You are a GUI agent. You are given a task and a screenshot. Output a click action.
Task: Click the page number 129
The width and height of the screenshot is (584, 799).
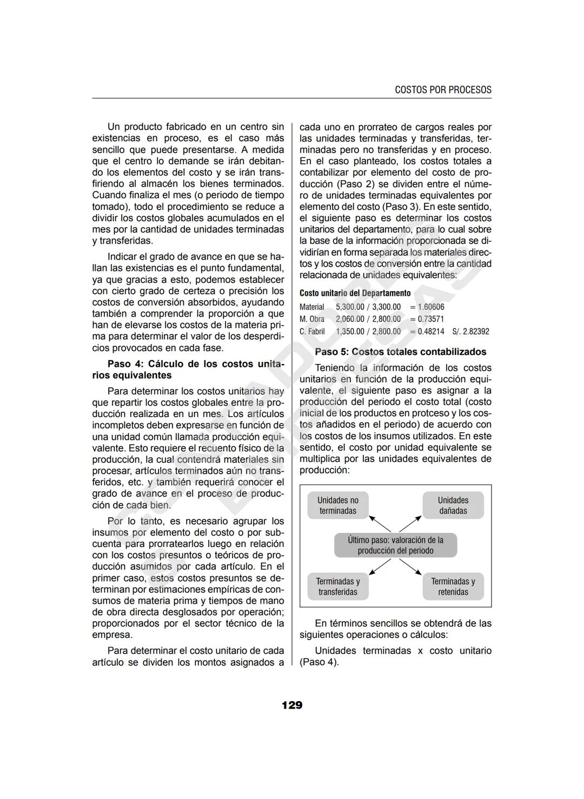(x=292, y=705)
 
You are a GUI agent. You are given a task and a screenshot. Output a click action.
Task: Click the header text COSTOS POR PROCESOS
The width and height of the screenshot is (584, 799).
(x=443, y=90)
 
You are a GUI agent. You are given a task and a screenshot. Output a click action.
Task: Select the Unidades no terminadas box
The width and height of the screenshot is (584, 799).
(x=338, y=506)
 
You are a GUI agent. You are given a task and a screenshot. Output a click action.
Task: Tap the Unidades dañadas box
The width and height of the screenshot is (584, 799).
(x=453, y=506)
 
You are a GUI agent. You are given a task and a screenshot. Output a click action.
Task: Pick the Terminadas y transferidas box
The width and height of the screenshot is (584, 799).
(x=338, y=587)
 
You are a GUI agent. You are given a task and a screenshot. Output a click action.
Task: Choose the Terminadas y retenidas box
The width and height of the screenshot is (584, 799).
(x=453, y=587)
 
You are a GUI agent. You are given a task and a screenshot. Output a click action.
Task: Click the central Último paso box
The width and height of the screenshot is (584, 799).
(x=395, y=545)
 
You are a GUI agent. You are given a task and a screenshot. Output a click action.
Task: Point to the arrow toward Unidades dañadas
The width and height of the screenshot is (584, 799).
(x=411, y=524)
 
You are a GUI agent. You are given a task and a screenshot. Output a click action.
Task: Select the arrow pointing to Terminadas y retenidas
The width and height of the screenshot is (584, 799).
(x=411, y=566)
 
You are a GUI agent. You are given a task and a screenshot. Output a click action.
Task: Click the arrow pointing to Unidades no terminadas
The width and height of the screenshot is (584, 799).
(x=380, y=524)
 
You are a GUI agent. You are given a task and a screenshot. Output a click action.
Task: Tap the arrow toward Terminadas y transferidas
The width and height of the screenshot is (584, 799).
(x=380, y=567)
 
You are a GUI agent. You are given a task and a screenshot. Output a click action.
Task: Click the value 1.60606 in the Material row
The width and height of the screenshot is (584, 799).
(x=431, y=307)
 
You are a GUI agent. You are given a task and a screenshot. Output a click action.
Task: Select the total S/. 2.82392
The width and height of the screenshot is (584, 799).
(x=470, y=332)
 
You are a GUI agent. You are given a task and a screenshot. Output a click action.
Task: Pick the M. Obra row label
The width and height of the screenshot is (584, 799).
(x=312, y=319)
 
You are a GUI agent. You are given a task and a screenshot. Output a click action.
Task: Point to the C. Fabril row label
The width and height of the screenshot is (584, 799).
(x=313, y=332)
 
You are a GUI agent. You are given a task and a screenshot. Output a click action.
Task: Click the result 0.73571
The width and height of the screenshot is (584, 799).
(x=431, y=319)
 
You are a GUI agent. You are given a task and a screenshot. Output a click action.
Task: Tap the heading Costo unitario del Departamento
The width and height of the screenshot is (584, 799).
(x=355, y=293)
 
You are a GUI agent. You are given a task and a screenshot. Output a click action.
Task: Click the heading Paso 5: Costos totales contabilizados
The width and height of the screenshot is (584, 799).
(x=401, y=352)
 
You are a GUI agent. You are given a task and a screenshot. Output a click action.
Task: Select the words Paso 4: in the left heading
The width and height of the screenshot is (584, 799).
(x=125, y=364)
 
